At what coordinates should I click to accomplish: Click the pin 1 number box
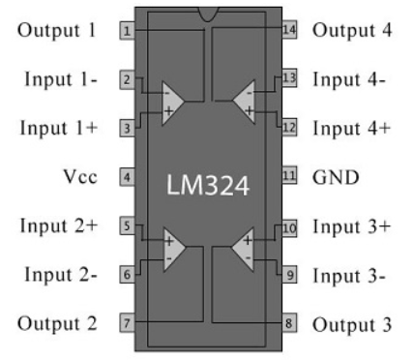[x=126, y=30]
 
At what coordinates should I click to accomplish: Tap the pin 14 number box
[x=288, y=30]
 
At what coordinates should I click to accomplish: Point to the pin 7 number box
[x=126, y=322]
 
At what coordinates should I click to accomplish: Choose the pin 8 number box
[x=288, y=322]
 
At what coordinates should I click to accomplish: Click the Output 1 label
[x=57, y=30]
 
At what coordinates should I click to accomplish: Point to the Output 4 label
[x=351, y=30]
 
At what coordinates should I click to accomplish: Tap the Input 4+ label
[x=351, y=127]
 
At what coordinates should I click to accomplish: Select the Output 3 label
[x=351, y=323]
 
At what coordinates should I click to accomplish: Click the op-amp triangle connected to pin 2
[x=172, y=102]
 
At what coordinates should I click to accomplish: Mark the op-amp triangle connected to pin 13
[x=244, y=102]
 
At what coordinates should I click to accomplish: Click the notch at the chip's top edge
[x=207, y=13]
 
